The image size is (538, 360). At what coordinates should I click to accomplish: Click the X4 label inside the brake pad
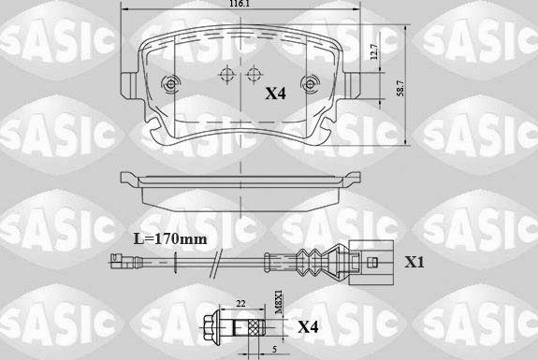pyautogui.click(x=274, y=93)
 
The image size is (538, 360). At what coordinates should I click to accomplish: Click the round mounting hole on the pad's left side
pyautogui.click(x=169, y=81)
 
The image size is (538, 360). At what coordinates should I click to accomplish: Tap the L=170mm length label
pyautogui.click(x=168, y=240)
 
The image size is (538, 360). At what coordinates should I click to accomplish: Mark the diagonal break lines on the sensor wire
pyautogui.click(x=215, y=263)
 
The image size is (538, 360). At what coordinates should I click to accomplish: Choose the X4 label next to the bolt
pyautogui.click(x=308, y=327)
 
